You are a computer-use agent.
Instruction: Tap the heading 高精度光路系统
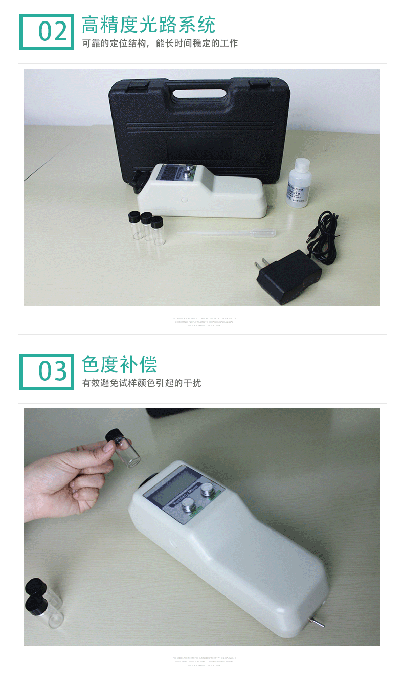click(148, 25)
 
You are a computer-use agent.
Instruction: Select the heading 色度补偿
click(119, 364)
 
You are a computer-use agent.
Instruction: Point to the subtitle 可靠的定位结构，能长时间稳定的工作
click(160, 43)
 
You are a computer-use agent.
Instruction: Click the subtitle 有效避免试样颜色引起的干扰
click(142, 383)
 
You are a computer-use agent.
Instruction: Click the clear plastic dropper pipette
click(228, 233)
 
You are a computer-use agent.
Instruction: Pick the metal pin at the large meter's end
click(317, 623)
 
